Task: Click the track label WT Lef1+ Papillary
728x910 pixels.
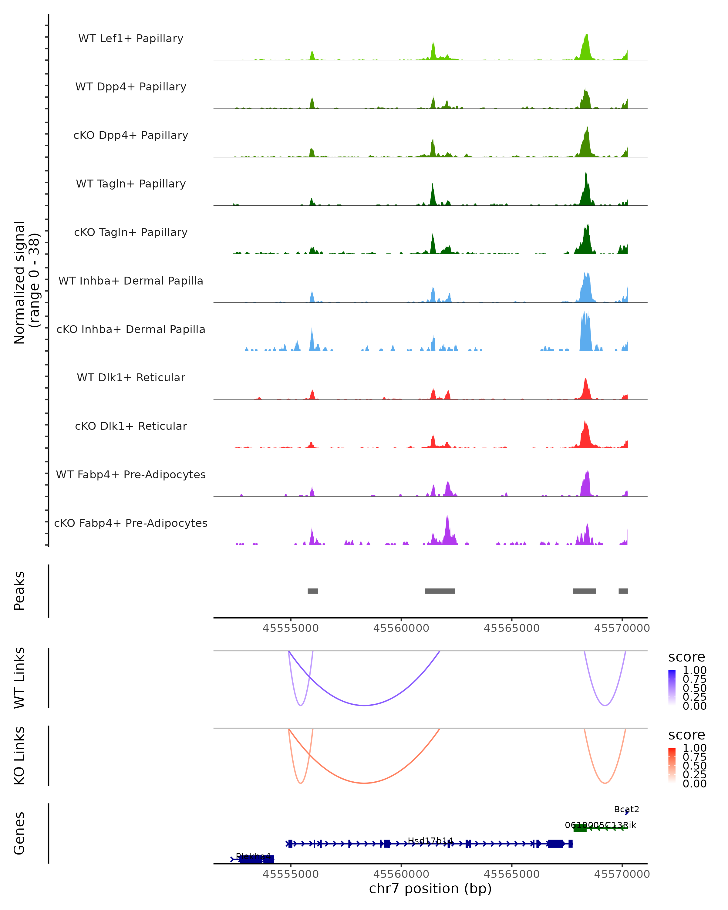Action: click(x=131, y=39)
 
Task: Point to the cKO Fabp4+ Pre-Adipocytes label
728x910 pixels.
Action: click(x=131, y=523)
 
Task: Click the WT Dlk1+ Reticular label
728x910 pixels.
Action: click(x=131, y=377)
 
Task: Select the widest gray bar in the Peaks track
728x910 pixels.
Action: click(x=440, y=591)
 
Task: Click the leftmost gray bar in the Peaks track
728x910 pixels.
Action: click(x=313, y=591)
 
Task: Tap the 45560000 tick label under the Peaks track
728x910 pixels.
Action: click(x=401, y=628)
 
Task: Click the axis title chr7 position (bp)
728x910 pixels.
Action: click(x=430, y=889)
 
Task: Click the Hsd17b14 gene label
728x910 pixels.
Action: click(x=430, y=841)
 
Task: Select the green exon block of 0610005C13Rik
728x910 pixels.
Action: click(x=580, y=828)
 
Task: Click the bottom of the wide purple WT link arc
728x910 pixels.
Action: click(x=364, y=705)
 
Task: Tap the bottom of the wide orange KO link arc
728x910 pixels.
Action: click(x=364, y=783)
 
